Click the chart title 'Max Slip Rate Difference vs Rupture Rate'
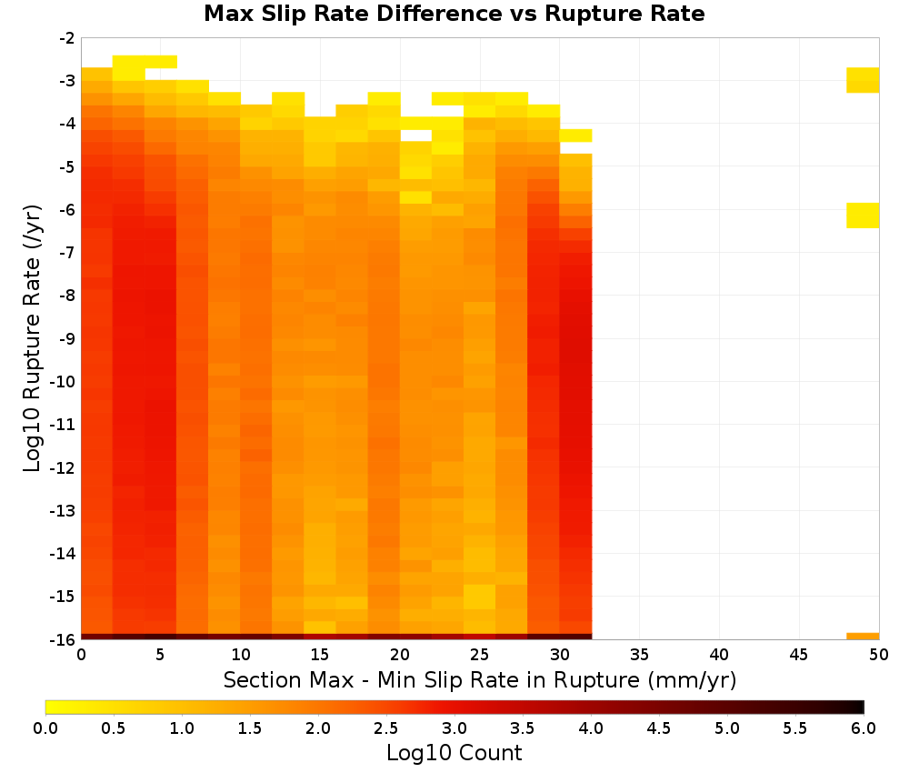click(x=454, y=14)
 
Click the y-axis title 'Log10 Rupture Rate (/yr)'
click(x=33, y=338)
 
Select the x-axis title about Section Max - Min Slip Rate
click(x=479, y=679)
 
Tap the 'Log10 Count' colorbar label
click(x=454, y=753)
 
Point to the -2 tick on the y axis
click(x=67, y=38)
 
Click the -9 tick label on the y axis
click(x=67, y=338)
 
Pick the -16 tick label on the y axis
click(x=64, y=639)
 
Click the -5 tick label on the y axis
click(x=67, y=167)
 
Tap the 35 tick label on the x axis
click(x=639, y=655)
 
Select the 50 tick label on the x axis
click(x=878, y=655)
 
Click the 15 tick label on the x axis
click(x=319, y=655)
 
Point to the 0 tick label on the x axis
click(x=81, y=655)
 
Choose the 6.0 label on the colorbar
click(x=864, y=728)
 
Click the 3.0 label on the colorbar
click(x=454, y=728)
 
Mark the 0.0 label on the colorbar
click(x=45, y=728)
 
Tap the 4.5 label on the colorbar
click(x=658, y=728)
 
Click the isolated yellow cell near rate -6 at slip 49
click(x=863, y=216)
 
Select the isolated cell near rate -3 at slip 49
click(x=863, y=80)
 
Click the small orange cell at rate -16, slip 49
click(x=863, y=637)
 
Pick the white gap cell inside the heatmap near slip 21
click(x=415, y=136)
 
